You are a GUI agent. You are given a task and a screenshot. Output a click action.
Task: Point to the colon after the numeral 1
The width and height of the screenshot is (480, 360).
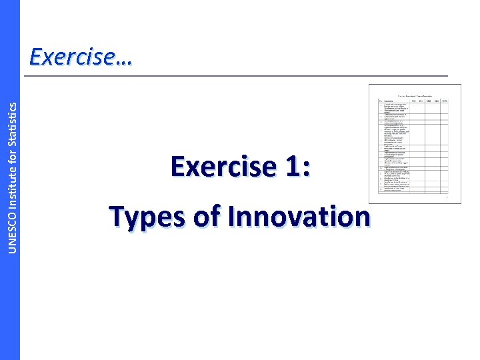[x=306, y=169]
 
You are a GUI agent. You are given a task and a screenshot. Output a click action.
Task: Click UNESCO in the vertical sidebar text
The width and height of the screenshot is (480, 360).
[x=10, y=213]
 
